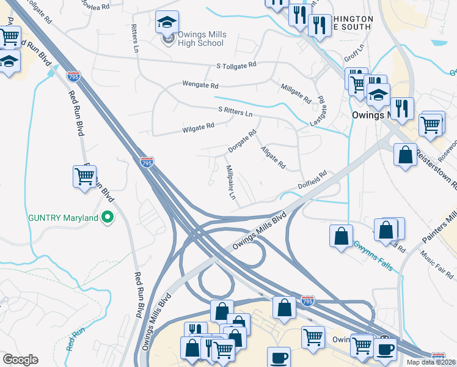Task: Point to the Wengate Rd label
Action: point(200,85)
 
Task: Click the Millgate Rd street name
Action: point(296,92)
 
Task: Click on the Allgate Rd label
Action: point(272,157)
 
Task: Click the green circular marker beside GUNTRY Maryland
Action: point(108,217)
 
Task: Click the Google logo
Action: point(20,360)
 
